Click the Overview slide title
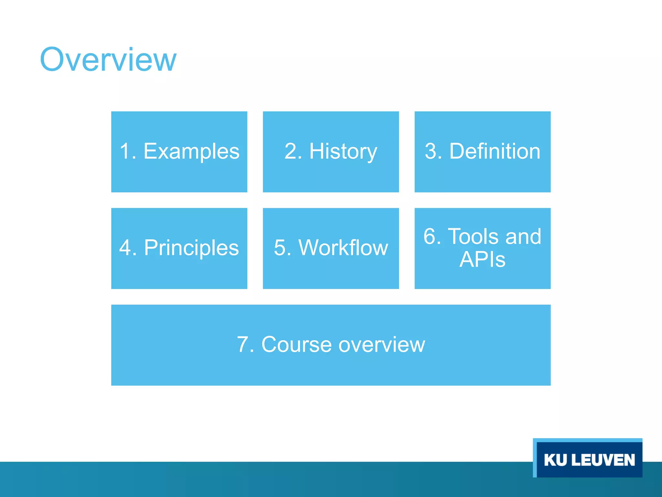point(108,60)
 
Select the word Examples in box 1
point(191,151)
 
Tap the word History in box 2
point(343,151)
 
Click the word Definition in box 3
point(495,151)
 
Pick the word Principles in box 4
point(191,248)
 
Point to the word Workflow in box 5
point(343,248)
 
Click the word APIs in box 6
point(482,260)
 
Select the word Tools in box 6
point(474,237)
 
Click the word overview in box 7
point(382,345)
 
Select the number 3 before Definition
point(431,151)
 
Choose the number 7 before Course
point(243,345)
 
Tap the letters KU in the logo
point(555,460)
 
